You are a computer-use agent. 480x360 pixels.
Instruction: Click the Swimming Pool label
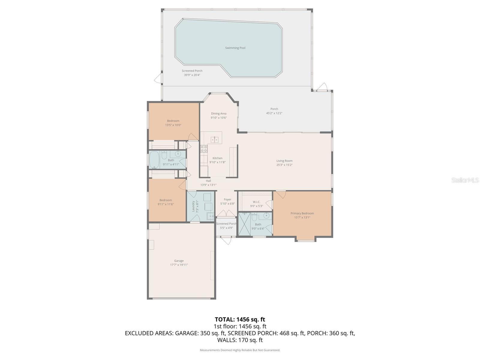(x=235, y=48)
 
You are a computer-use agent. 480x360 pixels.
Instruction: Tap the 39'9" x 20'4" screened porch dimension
(x=192, y=75)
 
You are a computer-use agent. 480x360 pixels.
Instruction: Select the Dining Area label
(x=219, y=114)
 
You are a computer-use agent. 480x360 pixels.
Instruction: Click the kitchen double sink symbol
(x=214, y=139)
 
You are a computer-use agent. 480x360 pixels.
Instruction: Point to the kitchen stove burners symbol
(x=204, y=149)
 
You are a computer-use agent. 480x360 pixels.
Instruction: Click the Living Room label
(x=284, y=161)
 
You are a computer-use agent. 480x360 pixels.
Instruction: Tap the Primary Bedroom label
(x=302, y=213)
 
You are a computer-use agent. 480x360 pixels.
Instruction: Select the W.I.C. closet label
(x=256, y=202)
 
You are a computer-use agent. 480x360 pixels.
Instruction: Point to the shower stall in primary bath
(x=244, y=224)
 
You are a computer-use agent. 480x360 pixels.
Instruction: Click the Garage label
(x=179, y=261)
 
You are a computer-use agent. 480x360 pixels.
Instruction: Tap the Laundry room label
(x=193, y=206)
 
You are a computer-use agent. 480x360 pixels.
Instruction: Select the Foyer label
(x=227, y=199)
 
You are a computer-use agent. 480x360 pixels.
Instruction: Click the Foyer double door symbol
(x=226, y=213)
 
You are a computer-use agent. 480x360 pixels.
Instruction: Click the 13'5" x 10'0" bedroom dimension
(x=173, y=125)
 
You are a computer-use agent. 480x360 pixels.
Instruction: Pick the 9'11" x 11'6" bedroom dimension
(x=166, y=204)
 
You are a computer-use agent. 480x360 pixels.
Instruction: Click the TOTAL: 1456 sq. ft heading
(x=240, y=319)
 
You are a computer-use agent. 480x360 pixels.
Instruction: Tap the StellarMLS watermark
(x=465, y=180)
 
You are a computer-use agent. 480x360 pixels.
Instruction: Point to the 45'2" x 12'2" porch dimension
(x=274, y=113)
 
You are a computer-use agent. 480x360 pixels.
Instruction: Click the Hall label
(x=208, y=181)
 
